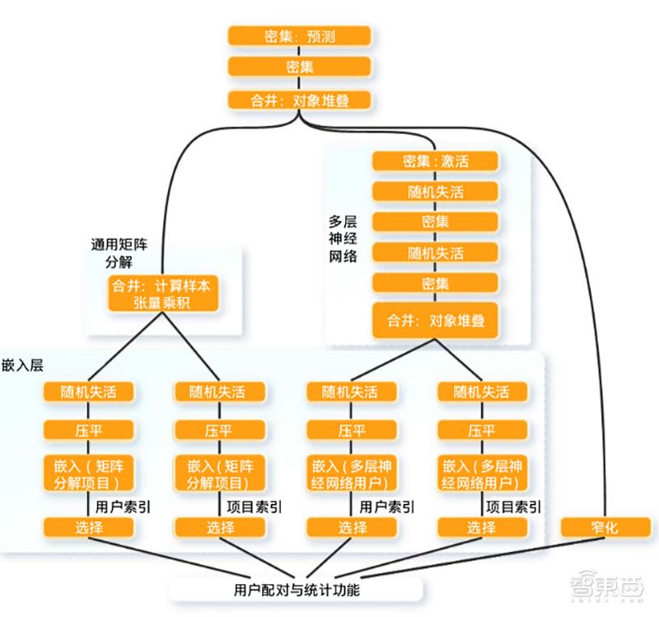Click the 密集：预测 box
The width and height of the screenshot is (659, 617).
[x=300, y=36]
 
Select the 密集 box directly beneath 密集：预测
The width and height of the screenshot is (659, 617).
[x=300, y=68]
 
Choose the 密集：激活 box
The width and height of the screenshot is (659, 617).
[x=436, y=161]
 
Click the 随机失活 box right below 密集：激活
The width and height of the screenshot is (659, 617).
[x=436, y=191]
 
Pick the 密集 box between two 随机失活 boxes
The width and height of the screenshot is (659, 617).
[x=436, y=222]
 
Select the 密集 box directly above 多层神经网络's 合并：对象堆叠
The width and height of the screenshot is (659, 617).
[x=436, y=284]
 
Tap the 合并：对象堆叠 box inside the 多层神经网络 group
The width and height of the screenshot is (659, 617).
[x=436, y=320]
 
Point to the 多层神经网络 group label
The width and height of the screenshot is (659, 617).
[x=343, y=239]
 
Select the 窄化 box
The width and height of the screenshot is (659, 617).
[x=605, y=526]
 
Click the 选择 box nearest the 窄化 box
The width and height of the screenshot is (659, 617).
[x=482, y=527]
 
